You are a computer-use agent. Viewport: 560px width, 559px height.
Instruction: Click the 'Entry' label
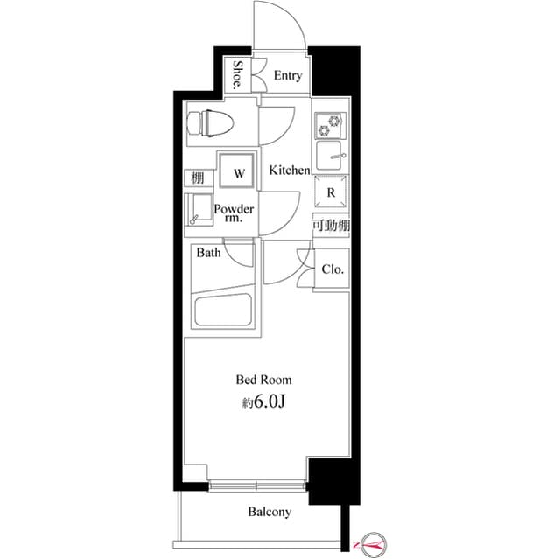[x=288, y=76]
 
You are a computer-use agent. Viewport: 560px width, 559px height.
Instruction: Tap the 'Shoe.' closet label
[x=237, y=74]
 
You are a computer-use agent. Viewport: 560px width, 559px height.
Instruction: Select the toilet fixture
[x=211, y=123]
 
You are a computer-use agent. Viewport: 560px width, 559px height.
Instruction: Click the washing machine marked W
[x=237, y=170]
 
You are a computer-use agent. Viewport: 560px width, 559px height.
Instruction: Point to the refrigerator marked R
[x=331, y=192]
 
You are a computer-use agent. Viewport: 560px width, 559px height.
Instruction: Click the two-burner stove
[x=331, y=126]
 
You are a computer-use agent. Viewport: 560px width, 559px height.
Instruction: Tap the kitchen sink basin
[x=329, y=156]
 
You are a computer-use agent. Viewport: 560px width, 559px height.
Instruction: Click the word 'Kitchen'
[x=290, y=171]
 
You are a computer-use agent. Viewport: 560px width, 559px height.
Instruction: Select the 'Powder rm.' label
[x=234, y=213]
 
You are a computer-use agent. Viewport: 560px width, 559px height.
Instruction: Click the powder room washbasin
[x=199, y=210]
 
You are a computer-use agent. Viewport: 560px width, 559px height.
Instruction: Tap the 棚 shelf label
[x=198, y=178]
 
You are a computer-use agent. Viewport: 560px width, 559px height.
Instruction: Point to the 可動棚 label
[x=331, y=225]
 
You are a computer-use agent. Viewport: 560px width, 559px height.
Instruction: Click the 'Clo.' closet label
[x=332, y=269]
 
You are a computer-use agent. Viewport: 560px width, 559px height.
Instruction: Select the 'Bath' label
[x=208, y=253]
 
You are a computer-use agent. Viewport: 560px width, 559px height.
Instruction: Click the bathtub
[x=223, y=309]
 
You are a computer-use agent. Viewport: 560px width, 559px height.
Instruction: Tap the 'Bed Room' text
[x=263, y=380]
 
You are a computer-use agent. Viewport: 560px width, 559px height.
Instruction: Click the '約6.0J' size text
[x=263, y=402]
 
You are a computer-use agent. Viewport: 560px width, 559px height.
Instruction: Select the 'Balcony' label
[x=269, y=512]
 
